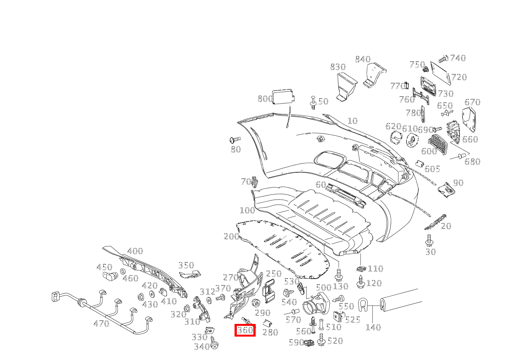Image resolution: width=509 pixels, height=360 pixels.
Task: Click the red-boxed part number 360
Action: click(245, 330)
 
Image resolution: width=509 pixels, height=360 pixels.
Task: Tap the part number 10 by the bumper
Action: click(352, 121)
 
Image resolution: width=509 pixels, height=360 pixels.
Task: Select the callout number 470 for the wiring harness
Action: click(101, 323)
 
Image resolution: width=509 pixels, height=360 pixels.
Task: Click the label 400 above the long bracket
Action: click(135, 251)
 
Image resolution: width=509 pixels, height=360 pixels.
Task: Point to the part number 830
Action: click(338, 67)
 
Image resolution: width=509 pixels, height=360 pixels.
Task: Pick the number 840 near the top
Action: click(363, 59)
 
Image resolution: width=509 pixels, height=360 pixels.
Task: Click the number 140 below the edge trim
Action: click(373, 327)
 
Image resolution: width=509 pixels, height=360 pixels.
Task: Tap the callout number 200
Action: click(231, 236)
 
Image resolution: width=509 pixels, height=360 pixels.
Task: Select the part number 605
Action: click(432, 169)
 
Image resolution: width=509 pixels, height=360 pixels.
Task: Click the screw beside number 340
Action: click(214, 343)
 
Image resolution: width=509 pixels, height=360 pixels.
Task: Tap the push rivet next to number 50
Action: click(313, 103)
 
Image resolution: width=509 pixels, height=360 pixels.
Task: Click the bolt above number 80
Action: click(235, 140)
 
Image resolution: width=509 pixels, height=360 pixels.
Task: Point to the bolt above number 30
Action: click(429, 241)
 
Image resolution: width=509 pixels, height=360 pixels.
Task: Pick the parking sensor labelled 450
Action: click(111, 275)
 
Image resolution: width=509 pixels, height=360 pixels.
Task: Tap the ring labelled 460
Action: click(123, 271)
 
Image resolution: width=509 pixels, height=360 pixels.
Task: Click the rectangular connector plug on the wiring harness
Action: click(55, 297)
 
